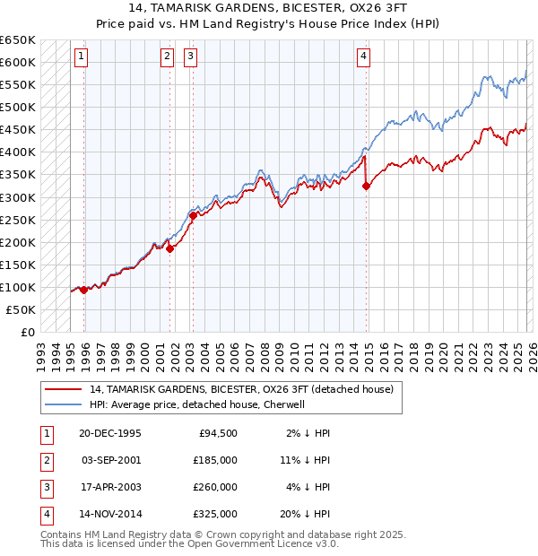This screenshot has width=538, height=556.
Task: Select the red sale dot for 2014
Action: [x=366, y=187]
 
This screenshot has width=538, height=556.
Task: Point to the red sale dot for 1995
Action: [x=84, y=290]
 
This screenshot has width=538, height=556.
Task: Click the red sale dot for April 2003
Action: [x=193, y=215]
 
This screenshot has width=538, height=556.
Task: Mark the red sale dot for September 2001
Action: [x=169, y=248]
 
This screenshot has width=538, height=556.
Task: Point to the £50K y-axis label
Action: [x=22, y=309]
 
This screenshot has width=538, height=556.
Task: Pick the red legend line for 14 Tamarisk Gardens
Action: [x=63, y=389]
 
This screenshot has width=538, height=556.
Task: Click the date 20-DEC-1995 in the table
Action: [x=110, y=433]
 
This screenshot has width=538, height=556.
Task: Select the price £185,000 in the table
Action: [x=214, y=460]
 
